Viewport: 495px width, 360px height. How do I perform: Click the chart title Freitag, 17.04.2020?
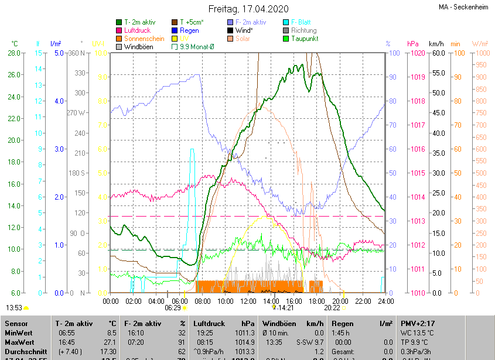tap(249, 9)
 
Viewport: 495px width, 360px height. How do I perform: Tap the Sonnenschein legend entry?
tap(144, 39)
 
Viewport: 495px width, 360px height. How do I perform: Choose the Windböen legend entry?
tap(138, 47)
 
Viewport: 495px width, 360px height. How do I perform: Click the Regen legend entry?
tap(189, 30)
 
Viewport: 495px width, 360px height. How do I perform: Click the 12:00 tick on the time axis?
tap(248, 301)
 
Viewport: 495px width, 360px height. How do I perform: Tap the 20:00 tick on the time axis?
tap(340, 301)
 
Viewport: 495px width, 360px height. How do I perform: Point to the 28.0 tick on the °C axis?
tap(15, 53)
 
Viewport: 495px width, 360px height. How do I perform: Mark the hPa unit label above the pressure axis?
tap(412, 44)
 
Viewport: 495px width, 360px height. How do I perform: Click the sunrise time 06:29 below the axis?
tap(172, 307)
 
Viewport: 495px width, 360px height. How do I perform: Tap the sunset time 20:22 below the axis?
tap(332, 307)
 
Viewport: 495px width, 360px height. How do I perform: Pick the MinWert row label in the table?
tap(20, 332)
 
